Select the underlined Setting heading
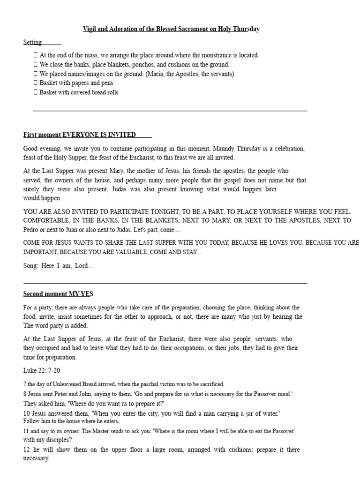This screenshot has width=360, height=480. coord(33,42)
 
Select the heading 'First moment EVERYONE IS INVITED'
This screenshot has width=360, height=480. coord(80,135)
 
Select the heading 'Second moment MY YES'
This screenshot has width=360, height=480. coord(58,294)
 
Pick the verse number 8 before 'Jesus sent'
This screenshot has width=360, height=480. coord(25,394)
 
